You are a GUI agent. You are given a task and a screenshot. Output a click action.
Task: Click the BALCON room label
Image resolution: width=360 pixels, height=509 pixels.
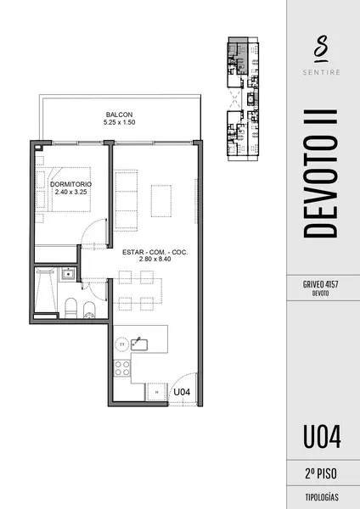pyautogui.click(x=119, y=115)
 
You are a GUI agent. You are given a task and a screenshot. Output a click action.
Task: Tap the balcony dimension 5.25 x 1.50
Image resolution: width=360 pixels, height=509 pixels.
pyautogui.click(x=119, y=122)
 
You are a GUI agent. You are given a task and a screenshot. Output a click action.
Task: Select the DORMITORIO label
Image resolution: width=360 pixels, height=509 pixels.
pyautogui.click(x=70, y=184)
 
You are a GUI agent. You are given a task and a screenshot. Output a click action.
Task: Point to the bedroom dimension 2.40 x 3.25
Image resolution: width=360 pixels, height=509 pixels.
pyautogui.click(x=70, y=192)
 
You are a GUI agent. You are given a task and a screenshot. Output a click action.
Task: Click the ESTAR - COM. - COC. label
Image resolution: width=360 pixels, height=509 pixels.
pyautogui.click(x=155, y=252)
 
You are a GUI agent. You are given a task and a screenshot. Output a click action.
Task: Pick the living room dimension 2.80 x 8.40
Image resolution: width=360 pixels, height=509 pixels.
pyautogui.click(x=155, y=259)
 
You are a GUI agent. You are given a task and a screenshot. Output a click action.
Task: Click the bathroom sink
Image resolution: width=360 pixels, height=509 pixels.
pyautogui.click(x=68, y=274)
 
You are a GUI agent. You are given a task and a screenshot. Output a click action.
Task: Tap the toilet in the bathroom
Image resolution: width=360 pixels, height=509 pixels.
pyautogui.click(x=70, y=308)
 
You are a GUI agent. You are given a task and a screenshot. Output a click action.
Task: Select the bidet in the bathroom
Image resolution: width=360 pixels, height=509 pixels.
pyautogui.click(x=89, y=310)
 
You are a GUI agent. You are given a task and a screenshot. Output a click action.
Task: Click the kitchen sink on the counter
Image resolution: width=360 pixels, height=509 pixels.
pyautogui.click(x=139, y=344)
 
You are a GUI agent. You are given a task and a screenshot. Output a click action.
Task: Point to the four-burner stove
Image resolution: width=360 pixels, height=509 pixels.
pyautogui.click(x=122, y=368)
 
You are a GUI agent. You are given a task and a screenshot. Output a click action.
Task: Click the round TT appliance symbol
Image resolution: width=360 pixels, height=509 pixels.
pyautogui.click(x=122, y=344)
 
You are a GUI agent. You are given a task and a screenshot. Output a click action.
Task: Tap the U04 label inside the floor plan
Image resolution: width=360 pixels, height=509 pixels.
pyautogui.click(x=182, y=392)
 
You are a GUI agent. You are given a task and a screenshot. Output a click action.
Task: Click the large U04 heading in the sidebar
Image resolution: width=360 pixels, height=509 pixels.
pyautogui.click(x=322, y=437)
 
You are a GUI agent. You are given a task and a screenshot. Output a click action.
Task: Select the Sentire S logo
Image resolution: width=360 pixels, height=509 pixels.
pyautogui.click(x=321, y=48)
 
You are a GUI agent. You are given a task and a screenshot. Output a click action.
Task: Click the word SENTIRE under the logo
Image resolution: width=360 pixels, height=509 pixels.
pyautogui.click(x=321, y=72)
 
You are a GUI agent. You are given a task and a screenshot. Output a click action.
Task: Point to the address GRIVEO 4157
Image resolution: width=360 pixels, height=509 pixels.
pyautogui.click(x=320, y=284)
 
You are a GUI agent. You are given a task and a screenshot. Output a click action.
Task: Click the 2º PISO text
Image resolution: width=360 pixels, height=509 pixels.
pyautogui.click(x=321, y=473)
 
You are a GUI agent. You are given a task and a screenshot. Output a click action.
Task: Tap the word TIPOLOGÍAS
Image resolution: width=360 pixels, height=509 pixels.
pyautogui.click(x=322, y=497)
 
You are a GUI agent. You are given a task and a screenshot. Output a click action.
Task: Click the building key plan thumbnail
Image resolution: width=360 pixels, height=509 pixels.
pyautogui.click(x=243, y=99)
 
